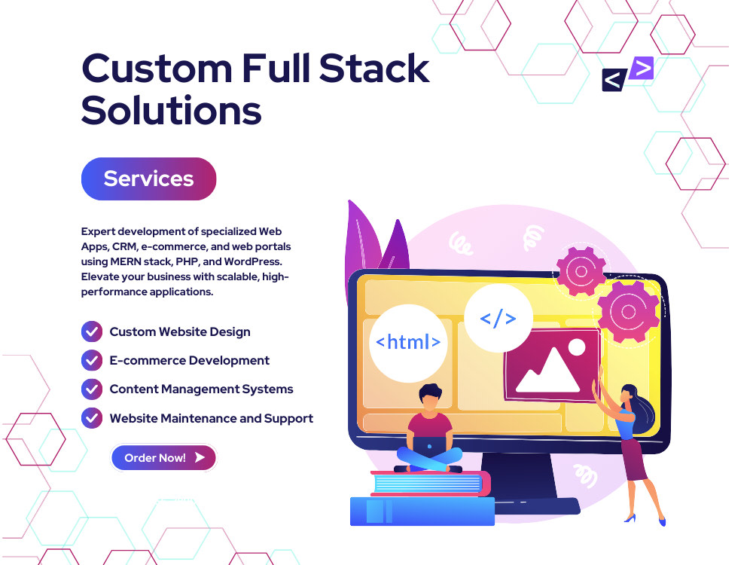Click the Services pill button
149,179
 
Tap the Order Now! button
163,457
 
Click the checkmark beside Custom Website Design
92,331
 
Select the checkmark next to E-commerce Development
92,360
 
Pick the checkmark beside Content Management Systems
92,389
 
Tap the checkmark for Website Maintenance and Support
92,418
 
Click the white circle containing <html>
408,343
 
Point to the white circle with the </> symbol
498,318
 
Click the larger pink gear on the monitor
629,311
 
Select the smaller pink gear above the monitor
581,271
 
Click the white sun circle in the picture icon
576,347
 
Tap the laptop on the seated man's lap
430,447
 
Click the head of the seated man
430,397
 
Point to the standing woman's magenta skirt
635,460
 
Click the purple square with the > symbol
642,68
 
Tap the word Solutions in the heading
172,111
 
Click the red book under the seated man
431,484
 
